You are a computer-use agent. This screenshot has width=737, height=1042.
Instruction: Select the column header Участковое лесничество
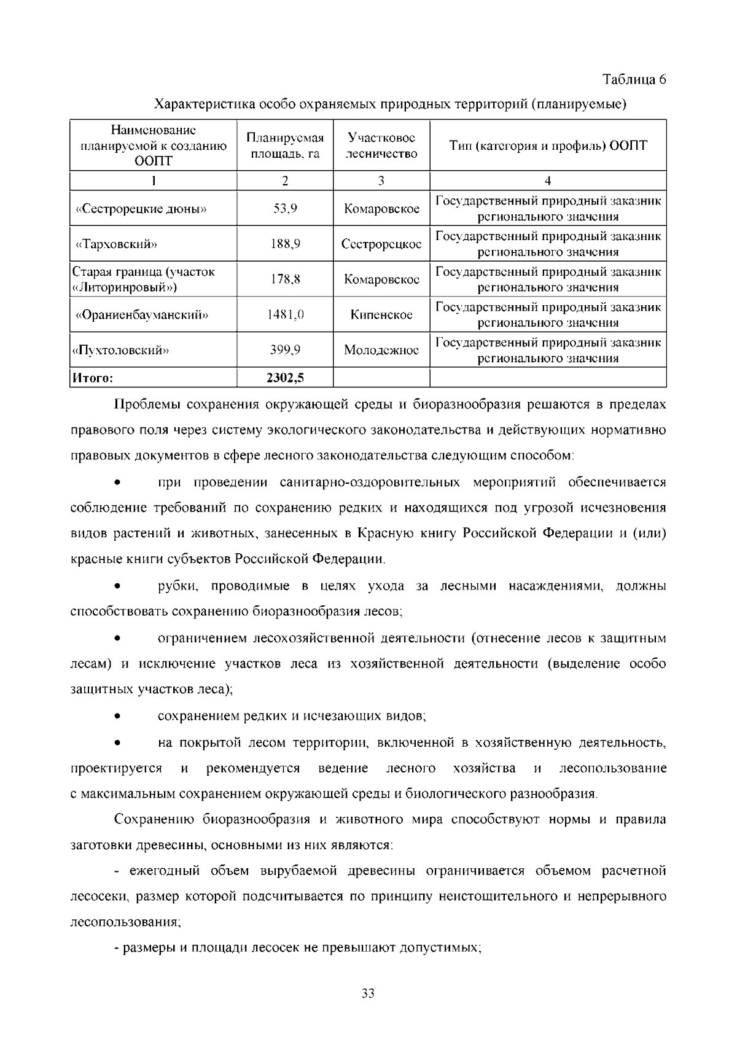pyautogui.click(x=381, y=146)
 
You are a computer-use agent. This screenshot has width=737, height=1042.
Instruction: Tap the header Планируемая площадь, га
pyautogui.click(x=285, y=146)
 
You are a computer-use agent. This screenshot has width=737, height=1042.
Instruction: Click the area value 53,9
pyautogui.click(x=285, y=209)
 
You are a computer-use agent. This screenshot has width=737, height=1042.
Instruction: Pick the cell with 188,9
pyautogui.click(x=285, y=244)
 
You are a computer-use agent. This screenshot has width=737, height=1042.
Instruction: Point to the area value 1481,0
pyautogui.click(x=285, y=315)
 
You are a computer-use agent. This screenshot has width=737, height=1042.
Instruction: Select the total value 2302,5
pyautogui.click(x=285, y=378)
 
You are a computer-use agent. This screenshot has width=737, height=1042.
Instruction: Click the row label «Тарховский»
pyautogui.click(x=116, y=244)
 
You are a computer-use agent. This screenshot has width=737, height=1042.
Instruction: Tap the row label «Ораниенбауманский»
pyautogui.click(x=142, y=315)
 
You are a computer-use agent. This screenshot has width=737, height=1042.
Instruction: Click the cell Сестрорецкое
pyautogui.click(x=381, y=244)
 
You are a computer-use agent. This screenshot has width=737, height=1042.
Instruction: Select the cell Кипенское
pyautogui.click(x=381, y=315)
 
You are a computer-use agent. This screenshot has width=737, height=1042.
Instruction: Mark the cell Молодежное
pyautogui.click(x=381, y=351)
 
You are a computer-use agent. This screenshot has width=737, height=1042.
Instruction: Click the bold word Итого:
pyautogui.click(x=93, y=378)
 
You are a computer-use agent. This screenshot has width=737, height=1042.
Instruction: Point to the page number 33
pyautogui.click(x=368, y=993)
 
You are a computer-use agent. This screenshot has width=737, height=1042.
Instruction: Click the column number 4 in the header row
pyautogui.click(x=548, y=181)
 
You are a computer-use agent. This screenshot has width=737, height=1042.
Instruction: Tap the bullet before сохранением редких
pyautogui.click(x=117, y=717)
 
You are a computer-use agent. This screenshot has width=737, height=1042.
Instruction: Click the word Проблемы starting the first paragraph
pyautogui.click(x=146, y=405)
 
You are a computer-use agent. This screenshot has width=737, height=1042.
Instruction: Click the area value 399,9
pyautogui.click(x=285, y=351)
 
